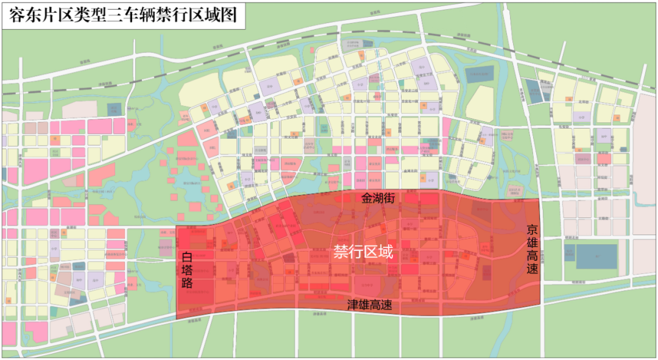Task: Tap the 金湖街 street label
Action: [383, 199]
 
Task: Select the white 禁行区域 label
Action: [363, 252]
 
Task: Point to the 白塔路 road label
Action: [188, 270]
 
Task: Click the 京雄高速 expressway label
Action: [532, 249]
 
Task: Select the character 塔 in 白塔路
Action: [188, 270]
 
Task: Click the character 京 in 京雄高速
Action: [532, 231]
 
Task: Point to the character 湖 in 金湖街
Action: [383, 199]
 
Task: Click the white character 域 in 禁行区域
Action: [385, 252]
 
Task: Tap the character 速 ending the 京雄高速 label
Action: [532, 267]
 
